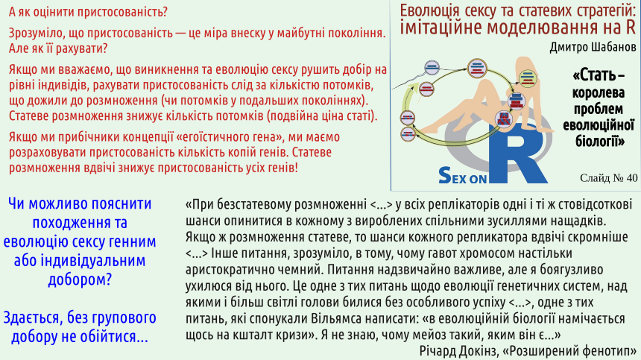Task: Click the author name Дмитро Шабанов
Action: [x=593, y=47]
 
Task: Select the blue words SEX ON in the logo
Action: [x=462, y=176]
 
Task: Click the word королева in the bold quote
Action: [x=598, y=92]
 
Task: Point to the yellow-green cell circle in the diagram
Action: [x=528, y=78]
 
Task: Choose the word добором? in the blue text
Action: [x=80, y=280]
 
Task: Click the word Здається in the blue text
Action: [x=33, y=318]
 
